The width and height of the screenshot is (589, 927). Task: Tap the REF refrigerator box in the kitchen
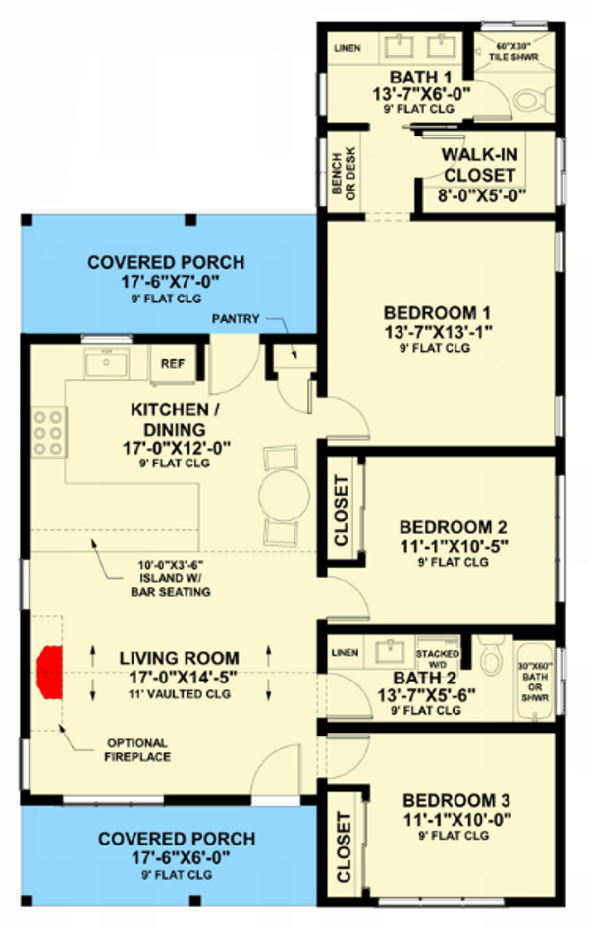coord(173,364)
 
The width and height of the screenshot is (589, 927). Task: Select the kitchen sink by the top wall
coord(106,363)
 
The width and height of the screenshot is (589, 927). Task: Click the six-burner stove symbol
coord(48,432)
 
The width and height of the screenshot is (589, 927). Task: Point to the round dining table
coord(284,496)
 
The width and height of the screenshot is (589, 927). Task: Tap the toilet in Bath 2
coord(492,656)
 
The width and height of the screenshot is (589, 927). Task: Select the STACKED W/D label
coord(438,659)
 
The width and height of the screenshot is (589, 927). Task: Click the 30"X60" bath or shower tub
coord(535,682)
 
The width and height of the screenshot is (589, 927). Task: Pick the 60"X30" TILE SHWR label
coord(513,52)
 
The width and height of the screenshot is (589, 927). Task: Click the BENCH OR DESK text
coord(344,173)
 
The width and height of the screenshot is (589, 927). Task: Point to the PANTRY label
coord(236,319)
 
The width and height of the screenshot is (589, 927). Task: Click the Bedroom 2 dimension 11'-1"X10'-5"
coord(455,546)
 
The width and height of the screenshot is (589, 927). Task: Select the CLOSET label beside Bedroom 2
coord(342,511)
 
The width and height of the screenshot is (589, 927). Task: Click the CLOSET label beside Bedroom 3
coord(345,846)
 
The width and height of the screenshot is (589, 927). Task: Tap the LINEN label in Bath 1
coord(348,48)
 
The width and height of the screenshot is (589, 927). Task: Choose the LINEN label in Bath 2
coord(345,653)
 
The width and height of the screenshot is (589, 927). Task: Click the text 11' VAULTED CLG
coord(180,694)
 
